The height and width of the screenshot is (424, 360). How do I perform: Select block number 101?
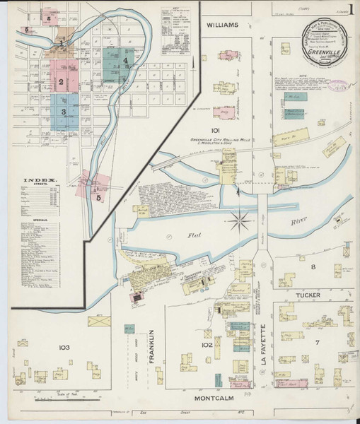click(x=216, y=130)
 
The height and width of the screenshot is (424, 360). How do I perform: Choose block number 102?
click(x=207, y=346)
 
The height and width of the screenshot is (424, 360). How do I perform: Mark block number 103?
click(x=64, y=347)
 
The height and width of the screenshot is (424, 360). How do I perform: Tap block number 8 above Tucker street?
click(x=312, y=266)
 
